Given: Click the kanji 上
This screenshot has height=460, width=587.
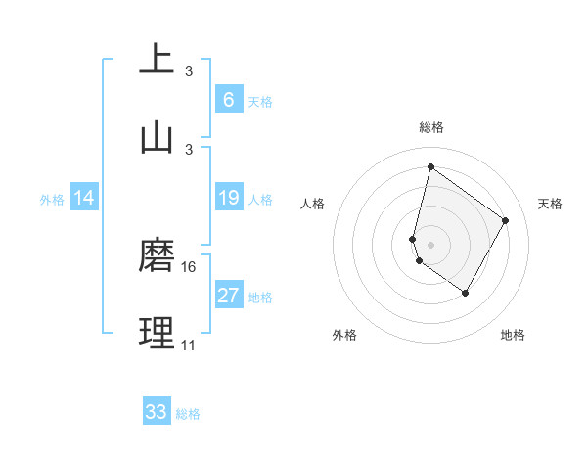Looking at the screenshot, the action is pyautogui.click(x=158, y=59).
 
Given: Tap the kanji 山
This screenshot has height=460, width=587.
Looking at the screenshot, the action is pyautogui.click(x=158, y=138).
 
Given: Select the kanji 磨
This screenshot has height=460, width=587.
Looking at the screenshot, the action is pyautogui.click(x=158, y=255).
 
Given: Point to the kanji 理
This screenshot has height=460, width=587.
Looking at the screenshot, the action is pyautogui.click(x=158, y=334).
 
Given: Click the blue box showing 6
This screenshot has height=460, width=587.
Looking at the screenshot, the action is pyautogui.click(x=228, y=100).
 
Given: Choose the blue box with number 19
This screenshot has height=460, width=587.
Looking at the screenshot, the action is pyautogui.click(x=228, y=199).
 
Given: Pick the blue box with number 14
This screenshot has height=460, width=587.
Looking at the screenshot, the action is pyautogui.click(x=84, y=199).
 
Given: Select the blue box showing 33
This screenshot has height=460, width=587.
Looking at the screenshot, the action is pyautogui.click(x=157, y=412).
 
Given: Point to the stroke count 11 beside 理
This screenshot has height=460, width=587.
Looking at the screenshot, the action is pyautogui.click(x=188, y=345).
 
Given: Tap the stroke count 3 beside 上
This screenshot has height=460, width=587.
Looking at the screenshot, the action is pyautogui.click(x=189, y=71).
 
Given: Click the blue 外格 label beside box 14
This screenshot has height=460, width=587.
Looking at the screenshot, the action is pyautogui.click(x=52, y=200).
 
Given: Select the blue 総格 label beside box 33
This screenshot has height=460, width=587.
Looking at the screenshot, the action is pyautogui.click(x=188, y=414).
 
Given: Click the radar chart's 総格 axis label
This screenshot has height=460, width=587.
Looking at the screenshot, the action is pyautogui.click(x=430, y=127).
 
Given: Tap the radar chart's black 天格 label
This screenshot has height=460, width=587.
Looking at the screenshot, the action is pyautogui.click(x=550, y=204).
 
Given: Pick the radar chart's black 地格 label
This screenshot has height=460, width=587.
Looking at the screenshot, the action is pyautogui.click(x=513, y=335).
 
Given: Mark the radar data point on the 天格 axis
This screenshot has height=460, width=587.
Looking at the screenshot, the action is pyautogui.click(x=506, y=220).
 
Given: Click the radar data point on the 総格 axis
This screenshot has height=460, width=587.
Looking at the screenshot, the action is pyautogui.click(x=430, y=166).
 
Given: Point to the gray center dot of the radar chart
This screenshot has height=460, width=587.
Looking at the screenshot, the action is pyautogui.click(x=430, y=244).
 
